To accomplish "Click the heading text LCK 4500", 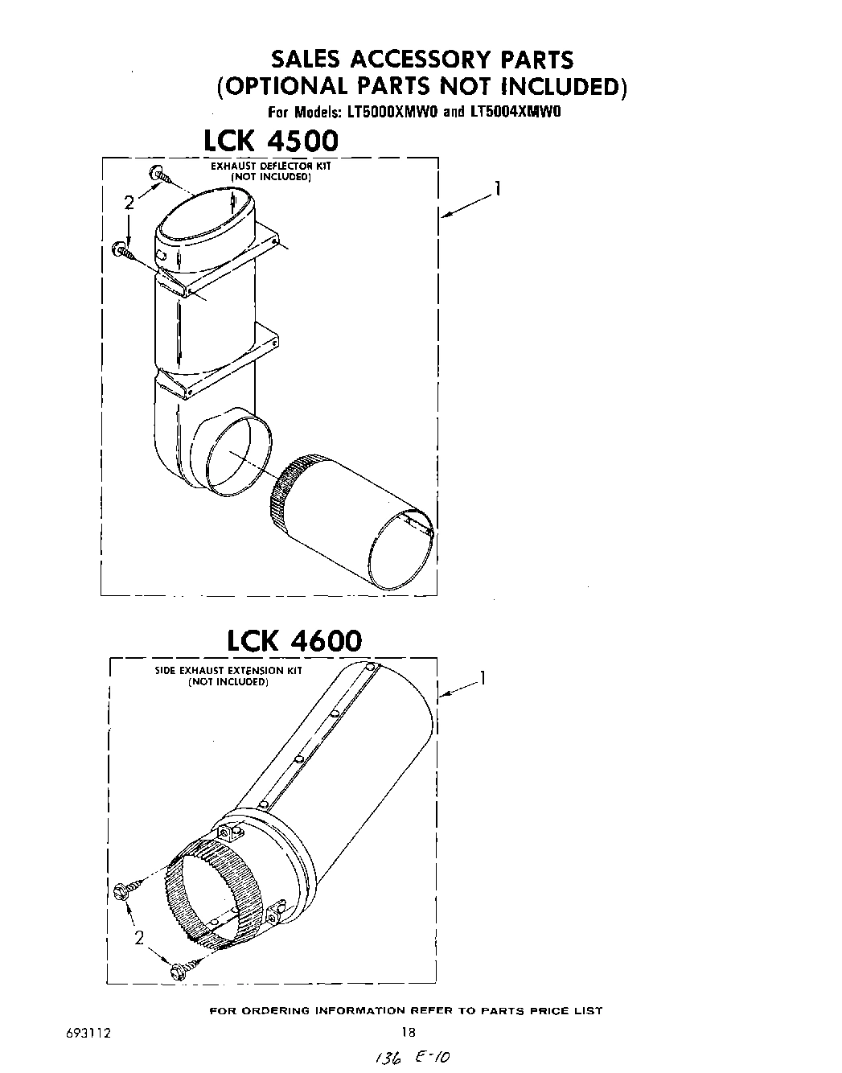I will [271, 141].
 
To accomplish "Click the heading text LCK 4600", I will [294, 640].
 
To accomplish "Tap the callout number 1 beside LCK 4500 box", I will [499, 189].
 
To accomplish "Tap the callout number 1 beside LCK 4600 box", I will [483, 677].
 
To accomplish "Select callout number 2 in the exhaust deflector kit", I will [129, 203].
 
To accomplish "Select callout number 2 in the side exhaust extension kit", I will [139, 937].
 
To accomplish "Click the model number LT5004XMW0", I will [514, 112].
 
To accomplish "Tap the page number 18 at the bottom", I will [408, 1033].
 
